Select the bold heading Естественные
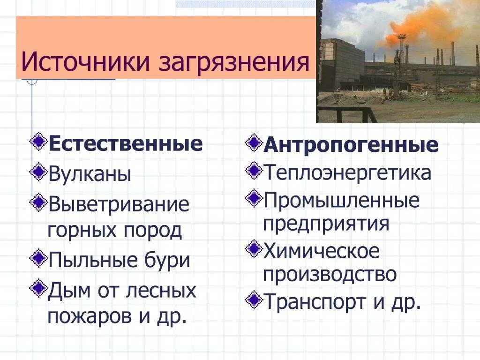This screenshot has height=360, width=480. tap(126, 143)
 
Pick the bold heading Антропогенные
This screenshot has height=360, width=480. tap(351, 145)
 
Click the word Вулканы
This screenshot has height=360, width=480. tap(90, 174)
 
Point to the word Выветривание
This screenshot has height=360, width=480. tap(119, 204)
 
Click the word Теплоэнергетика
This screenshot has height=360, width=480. tap(347, 172)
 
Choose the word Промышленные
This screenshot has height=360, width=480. tap(341, 201)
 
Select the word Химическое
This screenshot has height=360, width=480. tap(322, 251)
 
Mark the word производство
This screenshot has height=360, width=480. tap(330, 274)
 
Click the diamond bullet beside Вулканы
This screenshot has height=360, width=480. tap(38, 172)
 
